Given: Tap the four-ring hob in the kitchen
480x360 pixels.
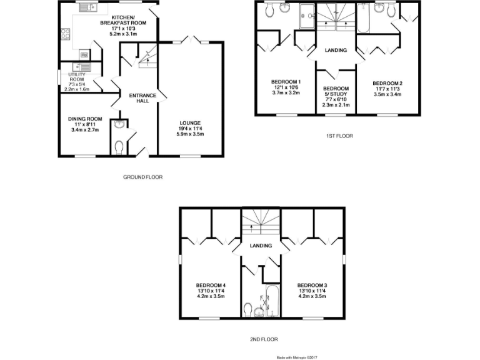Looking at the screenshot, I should (x=64, y=35).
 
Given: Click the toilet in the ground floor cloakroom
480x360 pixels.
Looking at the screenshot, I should (x=119, y=147).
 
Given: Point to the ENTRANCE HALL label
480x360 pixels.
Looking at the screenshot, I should (x=138, y=98).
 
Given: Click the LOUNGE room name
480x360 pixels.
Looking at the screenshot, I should (x=189, y=122).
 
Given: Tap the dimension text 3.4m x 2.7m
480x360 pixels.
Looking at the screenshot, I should (x=85, y=130).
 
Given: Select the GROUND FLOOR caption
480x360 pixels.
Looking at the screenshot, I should (x=142, y=177).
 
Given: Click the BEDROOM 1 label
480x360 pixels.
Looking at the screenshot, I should (x=286, y=82).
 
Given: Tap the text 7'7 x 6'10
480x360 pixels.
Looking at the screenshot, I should (x=336, y=100).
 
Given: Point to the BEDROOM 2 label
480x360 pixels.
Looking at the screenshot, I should (x=387, y=83).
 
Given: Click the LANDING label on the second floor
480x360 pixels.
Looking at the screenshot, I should (x=261, y=246).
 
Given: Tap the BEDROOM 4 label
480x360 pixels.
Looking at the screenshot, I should (x=211, y=283).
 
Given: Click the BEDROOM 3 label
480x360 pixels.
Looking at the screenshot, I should (x=312, y=283).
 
